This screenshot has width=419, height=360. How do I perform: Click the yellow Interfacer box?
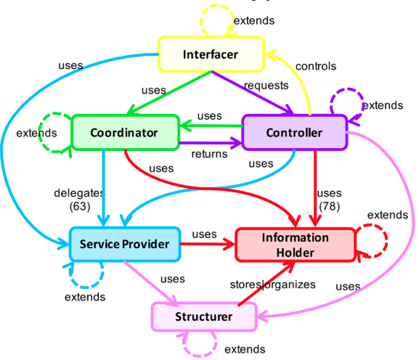coord(211,54)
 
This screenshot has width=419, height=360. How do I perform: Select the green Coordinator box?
coord(124,133)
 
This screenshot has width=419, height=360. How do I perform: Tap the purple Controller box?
coord(294,133)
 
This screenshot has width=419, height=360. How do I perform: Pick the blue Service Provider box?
coord(124,243)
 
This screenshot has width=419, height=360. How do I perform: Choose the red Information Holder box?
coord(295,245)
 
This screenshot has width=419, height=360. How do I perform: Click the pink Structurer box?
coord(203,317)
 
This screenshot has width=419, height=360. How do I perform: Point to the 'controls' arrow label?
coord(316,66)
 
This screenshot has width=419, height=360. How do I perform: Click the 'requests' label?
coord(266,85)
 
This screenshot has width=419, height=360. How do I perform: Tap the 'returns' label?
coord(209,154)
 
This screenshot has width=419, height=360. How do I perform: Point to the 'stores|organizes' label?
coord(273,285)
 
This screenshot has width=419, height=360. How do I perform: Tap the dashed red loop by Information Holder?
coord(371,241)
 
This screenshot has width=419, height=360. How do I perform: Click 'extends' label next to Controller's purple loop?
coord(383,105)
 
